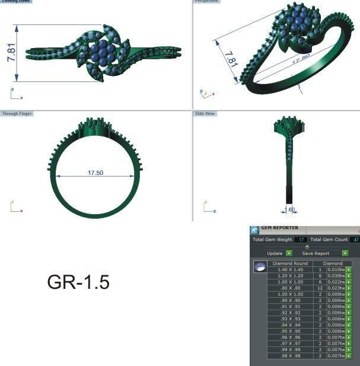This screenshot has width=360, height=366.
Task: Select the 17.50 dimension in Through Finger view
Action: pos(95,173)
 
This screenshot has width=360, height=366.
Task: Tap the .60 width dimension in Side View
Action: pos(291,209)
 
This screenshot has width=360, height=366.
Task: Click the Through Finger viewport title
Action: pos(17,113)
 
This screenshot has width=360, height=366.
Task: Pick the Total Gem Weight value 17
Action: pos(301,240)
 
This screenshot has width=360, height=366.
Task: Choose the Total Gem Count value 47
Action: pos(355,240)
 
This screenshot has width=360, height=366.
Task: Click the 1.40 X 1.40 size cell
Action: pos(290,269)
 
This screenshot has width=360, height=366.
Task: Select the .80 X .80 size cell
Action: pos(290,288)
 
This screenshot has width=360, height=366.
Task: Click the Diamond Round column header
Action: pos(290,263)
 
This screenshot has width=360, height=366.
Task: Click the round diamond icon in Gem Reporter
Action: pos(259,268)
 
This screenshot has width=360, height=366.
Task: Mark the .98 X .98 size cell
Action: pos(290,356)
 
